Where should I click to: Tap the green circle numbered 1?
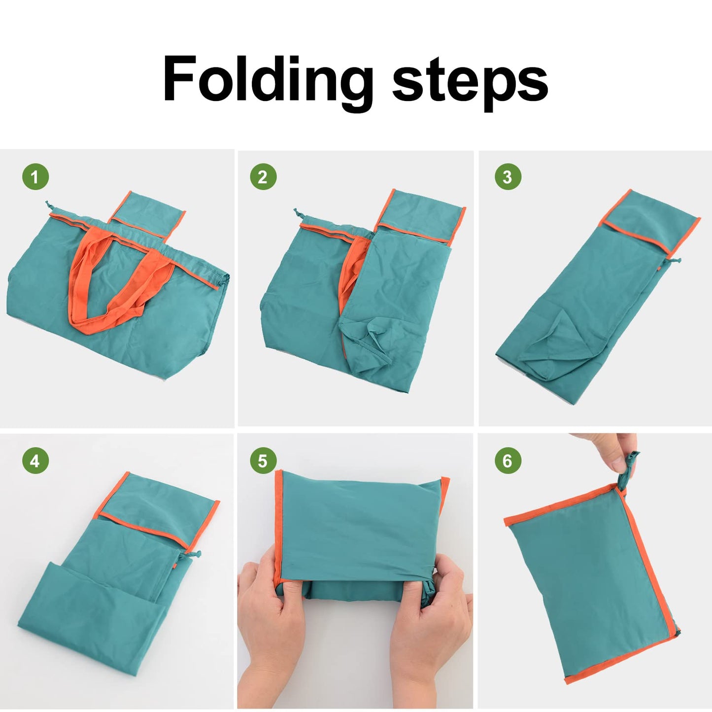35,177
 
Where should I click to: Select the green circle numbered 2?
263,177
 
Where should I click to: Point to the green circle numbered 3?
507,177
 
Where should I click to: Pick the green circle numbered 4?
35,461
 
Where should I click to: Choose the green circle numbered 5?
263,461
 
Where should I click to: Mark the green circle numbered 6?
507,461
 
